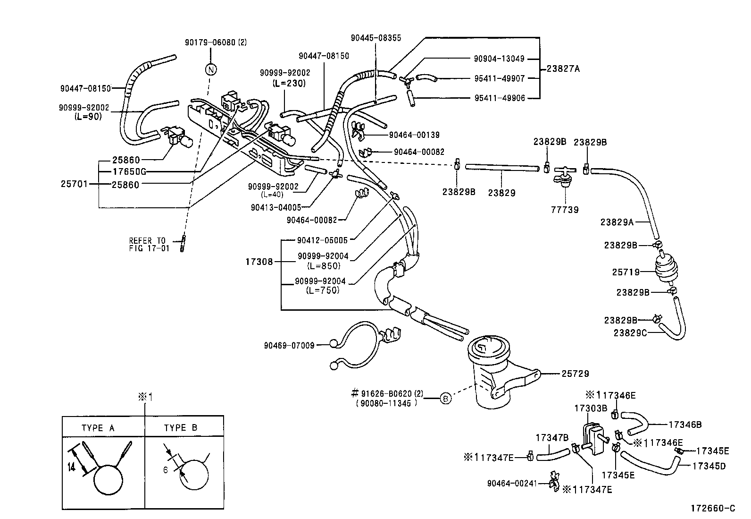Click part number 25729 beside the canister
[x=575, y=374]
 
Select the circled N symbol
[x=211, y=69]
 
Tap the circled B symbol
[x=445, y=399]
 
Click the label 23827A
[x=563, y=68]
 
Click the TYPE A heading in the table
[x=98, y=428]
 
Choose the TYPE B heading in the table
[x=181, y=428]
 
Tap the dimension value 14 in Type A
[x=71, y=468]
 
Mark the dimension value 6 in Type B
[x=166, y=470]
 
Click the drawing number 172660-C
[x=713, y=508]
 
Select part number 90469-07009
[x=289, y=345]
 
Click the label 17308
[x=259, y=261]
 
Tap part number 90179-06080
[x=215, y=42]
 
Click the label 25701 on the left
[x=74, y=184]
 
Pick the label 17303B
[x=590, y=408]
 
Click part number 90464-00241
[x=512, y=483]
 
